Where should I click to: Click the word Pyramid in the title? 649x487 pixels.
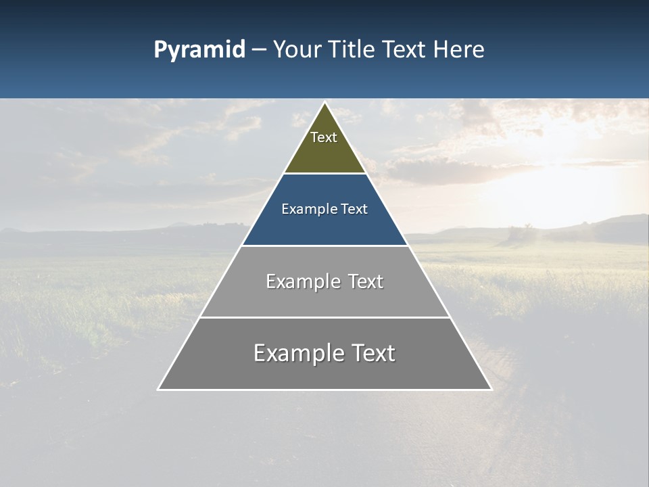[x=199, y=50]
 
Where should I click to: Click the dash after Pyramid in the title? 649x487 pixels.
[x=259, y=50]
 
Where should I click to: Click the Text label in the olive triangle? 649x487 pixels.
[x=324, y=137]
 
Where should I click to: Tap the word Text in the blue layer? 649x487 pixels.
[x=354, y=209]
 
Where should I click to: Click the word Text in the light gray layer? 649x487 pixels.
[x=366, y=281]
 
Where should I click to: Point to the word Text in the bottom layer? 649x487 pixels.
[x=373, y=353]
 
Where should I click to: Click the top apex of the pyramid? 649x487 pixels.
[x=324, y=103]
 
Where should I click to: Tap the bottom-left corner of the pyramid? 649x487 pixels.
[x=159, y=389]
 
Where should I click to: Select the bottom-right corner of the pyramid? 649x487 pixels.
[x=491, y=389]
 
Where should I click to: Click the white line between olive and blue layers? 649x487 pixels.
[x=324, y=174]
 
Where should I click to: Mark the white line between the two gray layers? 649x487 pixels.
[x=324, y=317]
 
